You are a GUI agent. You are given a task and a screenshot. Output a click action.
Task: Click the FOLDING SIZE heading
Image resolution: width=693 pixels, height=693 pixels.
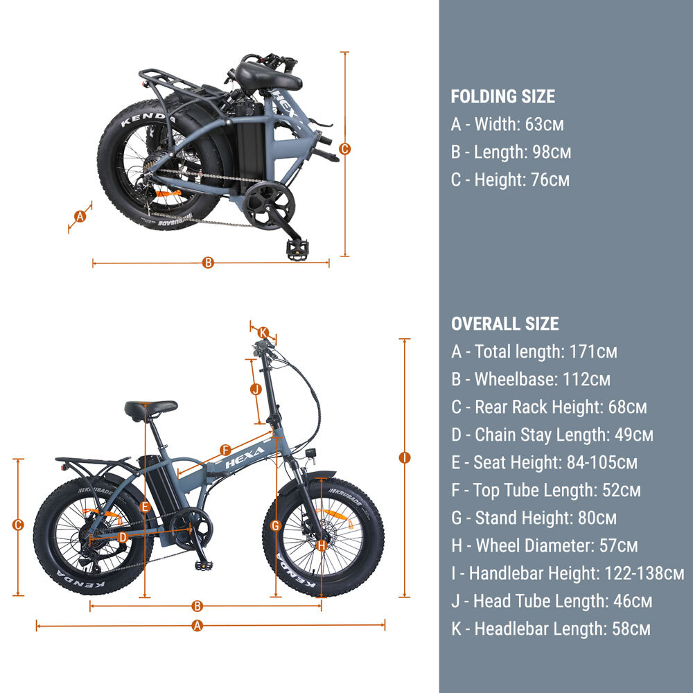coord(502,96)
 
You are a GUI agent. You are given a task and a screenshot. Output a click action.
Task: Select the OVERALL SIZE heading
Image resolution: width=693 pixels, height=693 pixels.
coord(505,324)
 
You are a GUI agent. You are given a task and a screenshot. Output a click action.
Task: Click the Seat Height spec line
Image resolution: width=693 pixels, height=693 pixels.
coord(544,462)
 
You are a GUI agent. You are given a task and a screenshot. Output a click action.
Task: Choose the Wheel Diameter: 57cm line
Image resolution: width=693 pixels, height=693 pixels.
coord(545,545)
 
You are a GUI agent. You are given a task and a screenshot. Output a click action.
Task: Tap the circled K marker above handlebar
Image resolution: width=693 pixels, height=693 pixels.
coord(263,333)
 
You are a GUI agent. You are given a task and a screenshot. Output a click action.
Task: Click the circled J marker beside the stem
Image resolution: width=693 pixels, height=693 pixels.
coord(256,389)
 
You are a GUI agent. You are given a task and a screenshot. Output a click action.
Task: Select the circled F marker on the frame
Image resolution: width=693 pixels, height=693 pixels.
coord(225,450)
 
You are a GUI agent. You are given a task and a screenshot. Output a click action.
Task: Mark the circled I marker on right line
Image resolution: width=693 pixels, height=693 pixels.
coord(405,458)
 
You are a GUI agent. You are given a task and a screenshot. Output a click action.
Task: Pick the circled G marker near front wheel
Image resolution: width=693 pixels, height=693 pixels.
coord(275,525)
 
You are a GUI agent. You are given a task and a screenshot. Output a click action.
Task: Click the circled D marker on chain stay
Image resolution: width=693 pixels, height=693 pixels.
coord(123,538)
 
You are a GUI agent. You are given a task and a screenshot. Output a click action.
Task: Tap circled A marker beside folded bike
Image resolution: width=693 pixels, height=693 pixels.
coord(80,216)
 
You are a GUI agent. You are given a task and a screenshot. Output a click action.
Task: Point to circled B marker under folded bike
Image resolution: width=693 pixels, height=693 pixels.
coord(208,263)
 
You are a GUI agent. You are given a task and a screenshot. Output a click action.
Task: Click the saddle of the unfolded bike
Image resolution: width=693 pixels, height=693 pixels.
coord(150,409)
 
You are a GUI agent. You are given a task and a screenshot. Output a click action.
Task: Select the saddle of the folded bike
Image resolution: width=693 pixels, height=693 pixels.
coord(267,77)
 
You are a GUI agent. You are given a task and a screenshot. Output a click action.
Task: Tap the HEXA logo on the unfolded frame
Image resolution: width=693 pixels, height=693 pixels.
coord(245,457)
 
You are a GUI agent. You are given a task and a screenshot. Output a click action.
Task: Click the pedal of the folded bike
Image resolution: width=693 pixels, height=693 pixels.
coord(297,250)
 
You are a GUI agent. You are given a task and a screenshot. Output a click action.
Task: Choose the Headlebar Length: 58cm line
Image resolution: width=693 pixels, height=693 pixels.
coord(551,629)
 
